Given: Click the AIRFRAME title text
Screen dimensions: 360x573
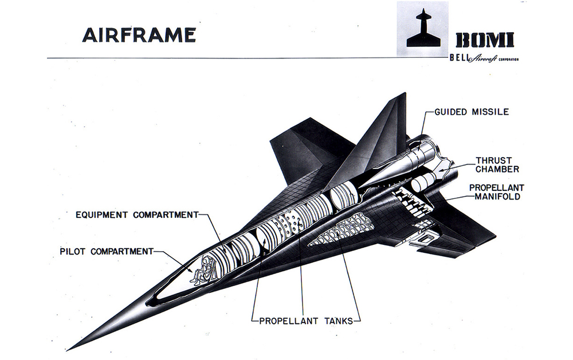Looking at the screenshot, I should [139, 35].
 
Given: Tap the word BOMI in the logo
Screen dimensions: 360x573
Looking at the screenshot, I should [485, 40].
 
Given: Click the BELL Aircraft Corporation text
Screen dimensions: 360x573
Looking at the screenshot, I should [485, 58].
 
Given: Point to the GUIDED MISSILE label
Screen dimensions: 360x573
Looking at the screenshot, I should [472, 112].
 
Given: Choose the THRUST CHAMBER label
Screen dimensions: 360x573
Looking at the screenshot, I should [497, 165].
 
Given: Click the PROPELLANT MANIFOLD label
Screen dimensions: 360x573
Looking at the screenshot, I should [497, 192].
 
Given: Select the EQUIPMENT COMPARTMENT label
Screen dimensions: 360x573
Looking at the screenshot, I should [138, 215].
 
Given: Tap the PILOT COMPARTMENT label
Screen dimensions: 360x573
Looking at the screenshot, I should [107, 251].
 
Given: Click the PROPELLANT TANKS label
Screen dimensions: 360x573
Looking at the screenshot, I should [303, 320].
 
